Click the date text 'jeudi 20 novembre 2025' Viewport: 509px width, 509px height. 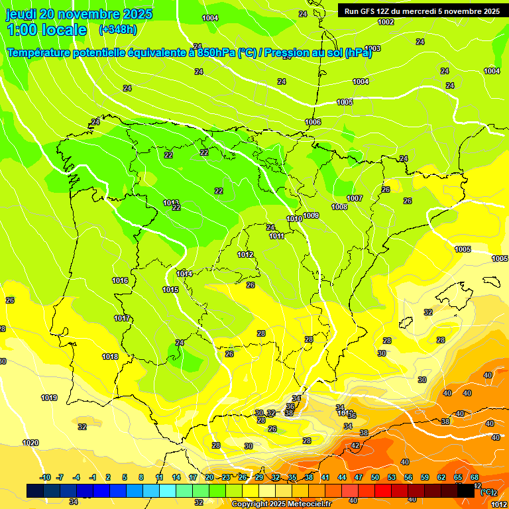pos(79,14)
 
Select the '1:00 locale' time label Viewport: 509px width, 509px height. pos(46,30)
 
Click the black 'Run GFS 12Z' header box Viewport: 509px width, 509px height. pos(419,11)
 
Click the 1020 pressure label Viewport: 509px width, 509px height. pos(30,443)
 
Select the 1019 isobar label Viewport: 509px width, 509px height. pos(49,398)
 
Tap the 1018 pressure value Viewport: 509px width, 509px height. pos(110,357)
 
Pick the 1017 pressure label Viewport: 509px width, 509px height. pos(122,318)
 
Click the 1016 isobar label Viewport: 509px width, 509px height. pos(120,280)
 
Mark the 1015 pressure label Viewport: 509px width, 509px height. pos(170,290)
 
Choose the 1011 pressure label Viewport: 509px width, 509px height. pos(277,236)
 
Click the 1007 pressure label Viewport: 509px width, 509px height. pos(355,198)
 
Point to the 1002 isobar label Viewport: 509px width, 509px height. pos(386,22)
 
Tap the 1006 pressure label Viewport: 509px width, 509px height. pos(313,122)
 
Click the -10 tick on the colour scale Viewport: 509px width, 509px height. pos(46,477)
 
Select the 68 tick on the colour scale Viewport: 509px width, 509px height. pos(475,477)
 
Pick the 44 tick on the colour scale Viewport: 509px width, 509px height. pos(342,477)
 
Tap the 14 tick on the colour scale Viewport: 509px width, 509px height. pos(176,477)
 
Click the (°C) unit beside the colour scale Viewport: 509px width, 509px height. pos(487,492)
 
